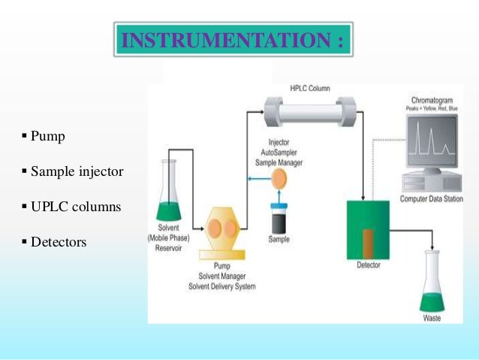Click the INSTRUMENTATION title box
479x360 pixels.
(233, 38)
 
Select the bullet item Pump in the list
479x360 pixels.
(47, 137)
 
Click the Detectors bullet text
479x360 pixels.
(59, 242)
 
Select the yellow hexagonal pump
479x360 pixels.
(223, 230)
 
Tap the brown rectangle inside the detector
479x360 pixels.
(368, 242)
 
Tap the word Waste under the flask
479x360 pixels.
(432, 319)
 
